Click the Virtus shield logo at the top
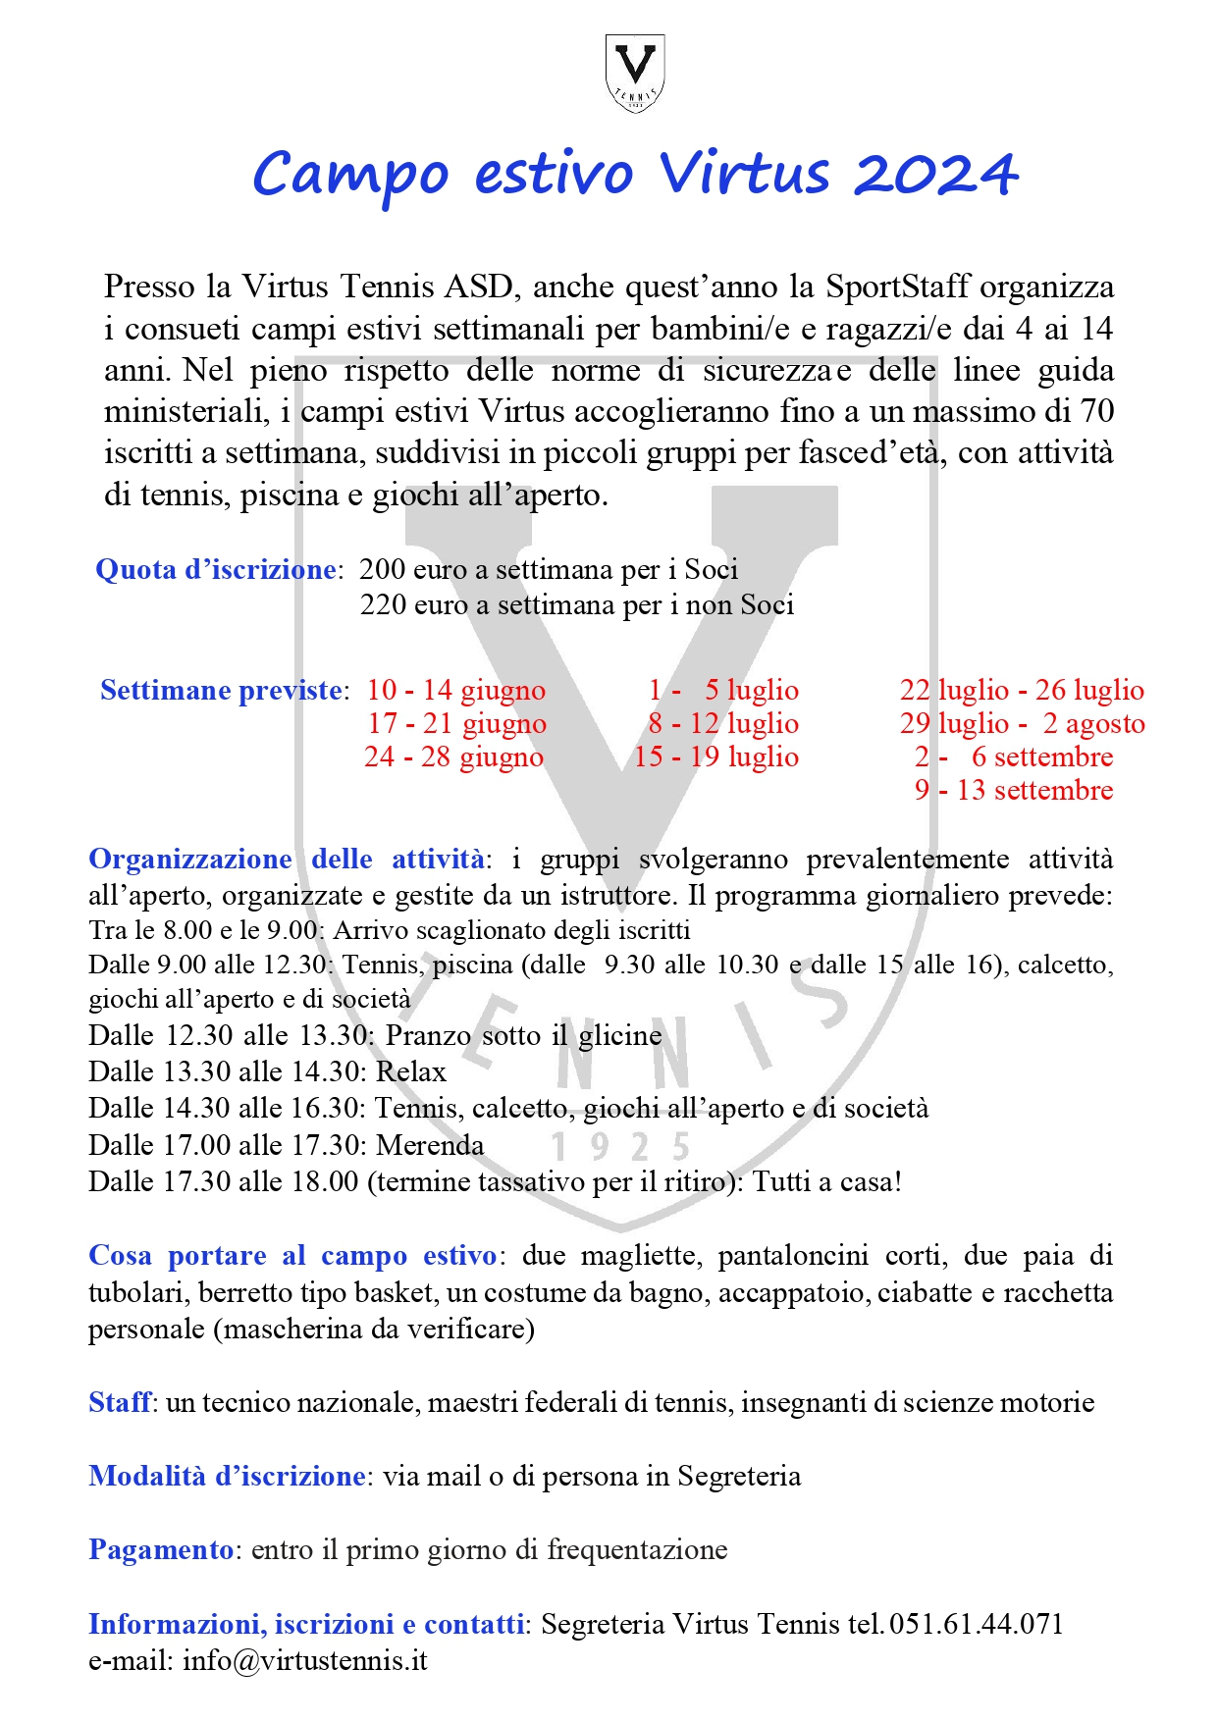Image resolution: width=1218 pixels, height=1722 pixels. coord(634,72)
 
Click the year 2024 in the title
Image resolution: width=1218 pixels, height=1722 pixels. coord(935,176)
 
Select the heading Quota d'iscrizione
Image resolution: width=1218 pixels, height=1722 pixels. coord(216,570)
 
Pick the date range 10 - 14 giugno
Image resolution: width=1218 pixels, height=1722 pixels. coord(455,690)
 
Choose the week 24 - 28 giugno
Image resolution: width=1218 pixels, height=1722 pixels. coord(453,757)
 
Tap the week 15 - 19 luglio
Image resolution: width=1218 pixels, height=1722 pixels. coord(716,757)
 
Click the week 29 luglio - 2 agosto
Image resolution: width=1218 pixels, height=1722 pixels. coord(1022,723)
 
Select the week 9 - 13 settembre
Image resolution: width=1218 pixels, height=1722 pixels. coord(1014,790)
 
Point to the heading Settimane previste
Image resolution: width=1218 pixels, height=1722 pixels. coord(221,690)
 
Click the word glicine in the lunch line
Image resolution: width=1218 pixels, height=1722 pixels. coord(619,1035)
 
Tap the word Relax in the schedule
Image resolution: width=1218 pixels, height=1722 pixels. coord(411,1071)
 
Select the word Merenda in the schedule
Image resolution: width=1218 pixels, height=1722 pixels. coord(430,1145)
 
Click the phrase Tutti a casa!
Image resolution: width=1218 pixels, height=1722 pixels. coord(826,1181)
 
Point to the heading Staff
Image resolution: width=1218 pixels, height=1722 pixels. coord(120,1402)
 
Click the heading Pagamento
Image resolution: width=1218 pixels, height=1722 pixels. coord(161,1549)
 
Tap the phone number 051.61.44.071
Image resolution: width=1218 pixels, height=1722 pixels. coord(976,1624)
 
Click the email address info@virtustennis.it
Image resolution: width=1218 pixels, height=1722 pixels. coord(304,1660)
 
